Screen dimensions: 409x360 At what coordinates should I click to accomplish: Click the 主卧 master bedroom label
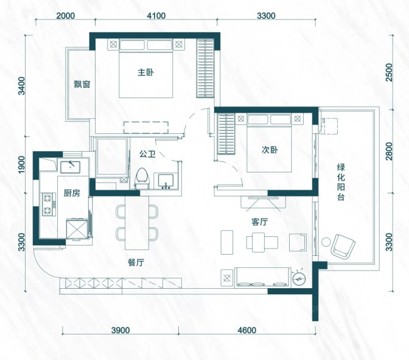click(145, 72)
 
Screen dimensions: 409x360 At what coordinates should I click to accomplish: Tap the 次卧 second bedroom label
click(270, 150)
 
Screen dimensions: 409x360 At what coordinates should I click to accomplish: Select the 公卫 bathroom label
click(147, 154)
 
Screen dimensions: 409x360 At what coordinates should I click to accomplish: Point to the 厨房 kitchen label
click(72, 193)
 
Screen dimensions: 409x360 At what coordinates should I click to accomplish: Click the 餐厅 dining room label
click(136, 263)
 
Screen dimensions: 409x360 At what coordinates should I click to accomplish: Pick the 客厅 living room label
click(259, 222)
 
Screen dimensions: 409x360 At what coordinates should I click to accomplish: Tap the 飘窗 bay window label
click(82, 84)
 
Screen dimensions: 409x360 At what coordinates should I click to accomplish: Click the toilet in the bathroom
click(142, 178)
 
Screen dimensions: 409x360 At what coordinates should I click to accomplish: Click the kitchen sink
click(71, 168)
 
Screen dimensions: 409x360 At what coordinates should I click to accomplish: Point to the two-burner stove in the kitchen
click(49, 205)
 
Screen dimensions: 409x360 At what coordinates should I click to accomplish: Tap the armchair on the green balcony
click(343, 245)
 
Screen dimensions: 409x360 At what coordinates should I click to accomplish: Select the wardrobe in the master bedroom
click(205, 69)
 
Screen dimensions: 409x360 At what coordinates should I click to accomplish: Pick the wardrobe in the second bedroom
click(226, 134)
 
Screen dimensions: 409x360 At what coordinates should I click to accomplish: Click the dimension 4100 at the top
click(156, 16)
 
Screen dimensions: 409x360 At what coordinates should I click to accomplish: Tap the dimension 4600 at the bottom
click(246, 331)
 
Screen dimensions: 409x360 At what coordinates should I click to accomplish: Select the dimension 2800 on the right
click(389, 151)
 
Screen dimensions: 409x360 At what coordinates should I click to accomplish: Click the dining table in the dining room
click(137, 223)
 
